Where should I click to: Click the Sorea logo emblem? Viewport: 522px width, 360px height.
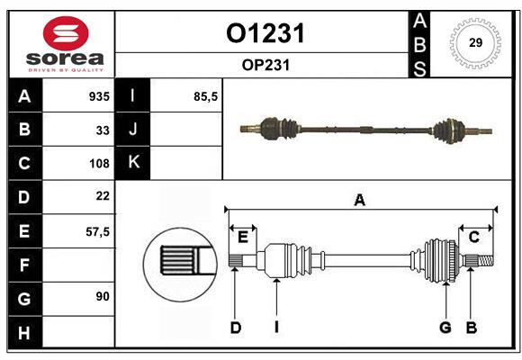[61, 33]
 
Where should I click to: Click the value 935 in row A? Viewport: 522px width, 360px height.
[98, 95]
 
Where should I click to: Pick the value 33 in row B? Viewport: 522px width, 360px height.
[103, 130]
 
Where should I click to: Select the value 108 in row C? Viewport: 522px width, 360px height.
[99, 164]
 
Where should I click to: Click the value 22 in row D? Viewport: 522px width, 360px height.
[103, 195]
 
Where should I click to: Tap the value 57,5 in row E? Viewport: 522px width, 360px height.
[97, 231]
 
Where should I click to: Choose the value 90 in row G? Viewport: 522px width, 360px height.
[103, 296]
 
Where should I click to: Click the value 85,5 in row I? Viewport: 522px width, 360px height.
[206, 95]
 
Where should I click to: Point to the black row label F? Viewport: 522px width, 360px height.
[23, 265]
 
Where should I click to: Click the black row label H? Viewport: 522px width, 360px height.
[23, 332]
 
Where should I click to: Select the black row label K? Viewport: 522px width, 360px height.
[133, 163]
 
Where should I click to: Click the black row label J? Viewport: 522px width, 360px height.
[133, 130]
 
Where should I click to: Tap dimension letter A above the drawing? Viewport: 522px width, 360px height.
[360, 200]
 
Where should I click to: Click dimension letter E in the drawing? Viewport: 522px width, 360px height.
[242, 237]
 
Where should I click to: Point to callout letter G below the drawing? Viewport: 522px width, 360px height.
[445, 328]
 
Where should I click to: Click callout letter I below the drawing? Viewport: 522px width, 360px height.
[276, 328]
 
